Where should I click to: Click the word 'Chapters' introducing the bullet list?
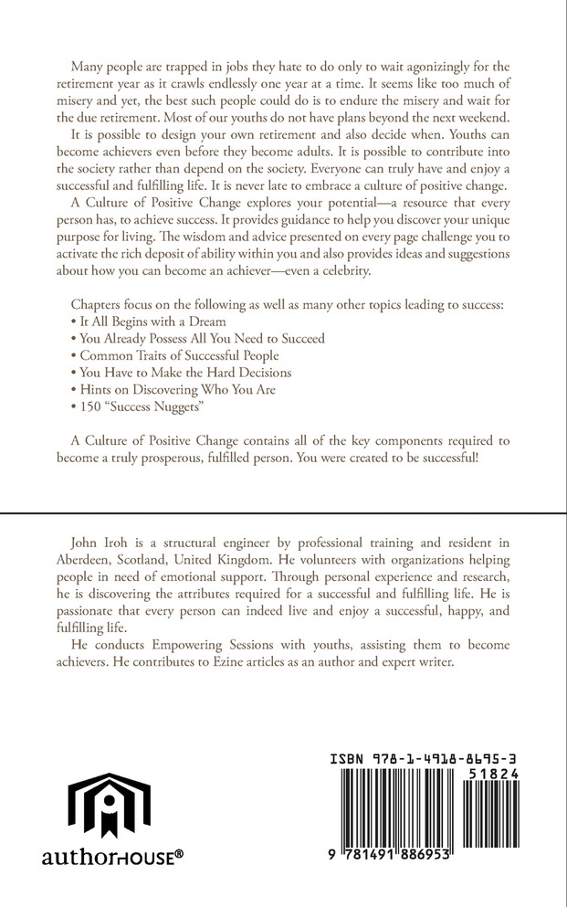96,305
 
